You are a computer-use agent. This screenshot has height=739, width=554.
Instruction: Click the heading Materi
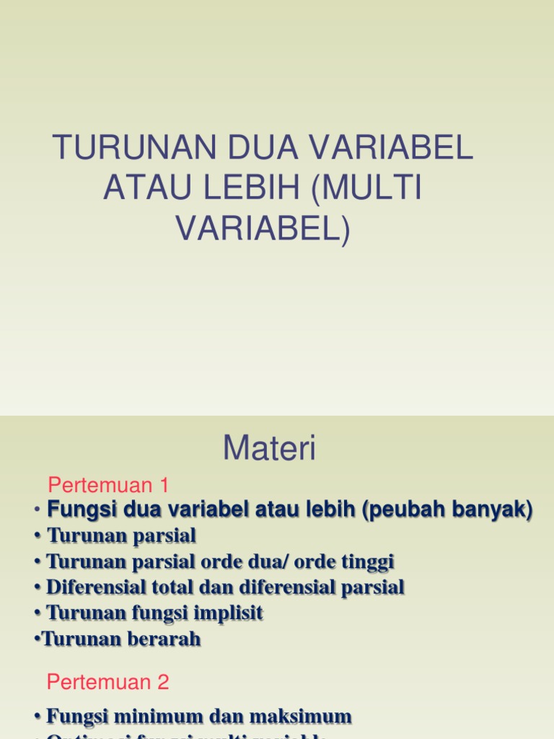[269, 449]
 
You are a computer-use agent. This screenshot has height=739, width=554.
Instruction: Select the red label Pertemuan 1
[108, 484]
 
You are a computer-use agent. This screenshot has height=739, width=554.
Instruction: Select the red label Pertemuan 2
[108, 682]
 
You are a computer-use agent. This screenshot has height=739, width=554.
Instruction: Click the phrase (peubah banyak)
[447, 510]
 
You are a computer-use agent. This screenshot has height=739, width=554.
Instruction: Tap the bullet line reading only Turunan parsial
[122, 536]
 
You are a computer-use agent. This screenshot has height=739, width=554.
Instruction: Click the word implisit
[228, 613]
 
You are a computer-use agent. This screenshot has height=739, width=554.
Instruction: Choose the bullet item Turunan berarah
[120, 639]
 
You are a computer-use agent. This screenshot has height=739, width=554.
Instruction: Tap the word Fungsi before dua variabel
[82, 510]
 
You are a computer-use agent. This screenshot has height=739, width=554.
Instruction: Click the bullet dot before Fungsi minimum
[37, 717]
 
